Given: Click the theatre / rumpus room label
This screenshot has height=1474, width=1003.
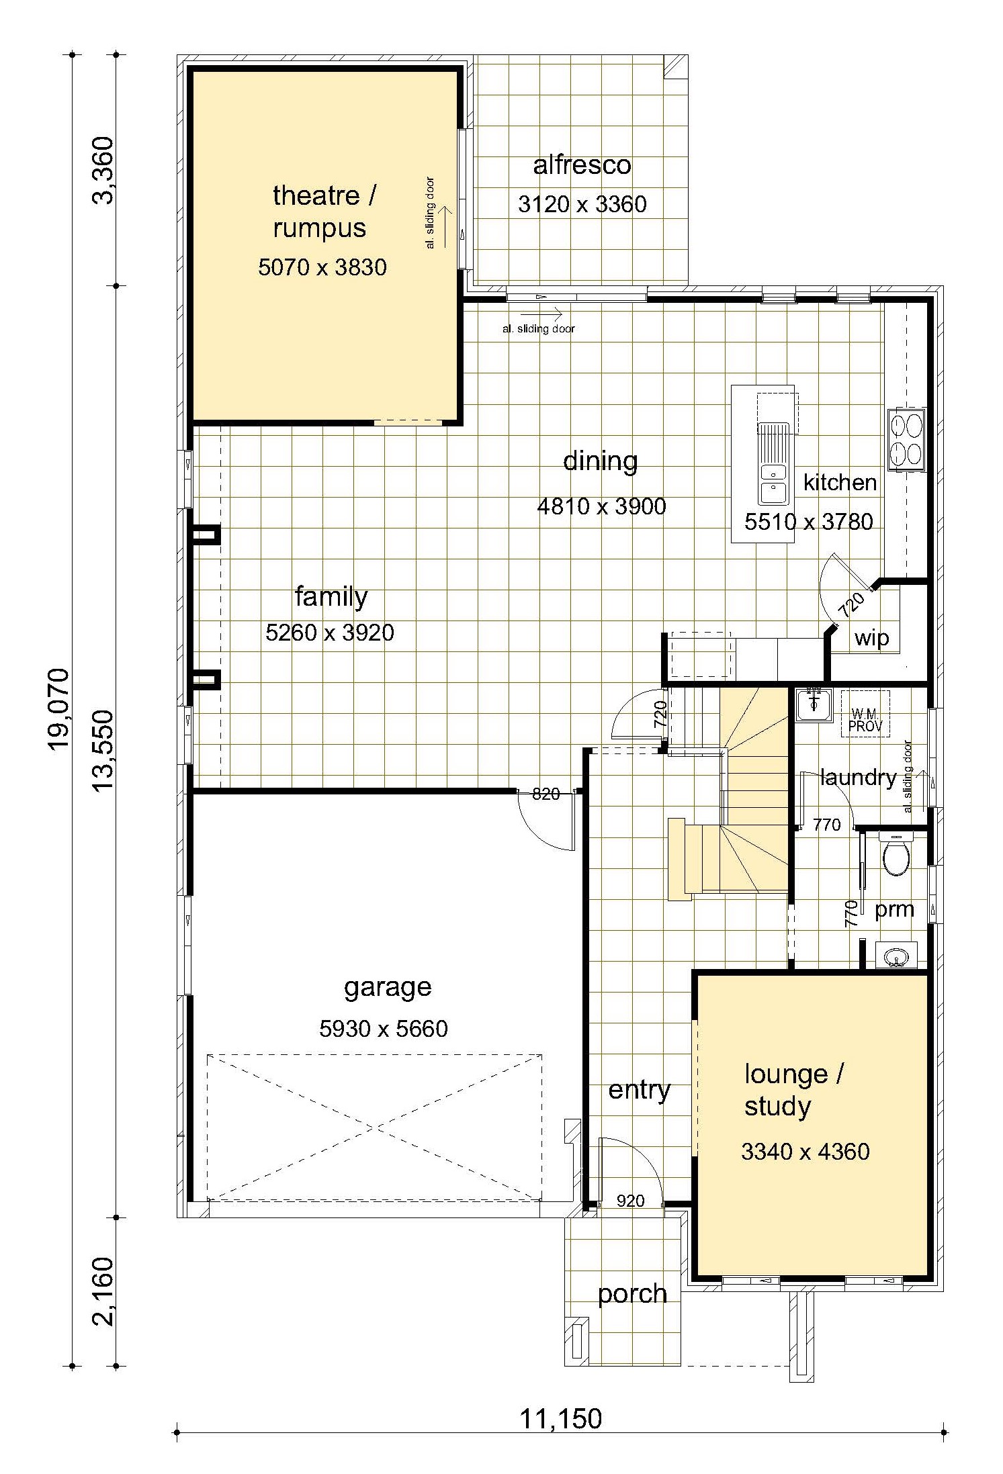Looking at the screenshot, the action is point(324,212).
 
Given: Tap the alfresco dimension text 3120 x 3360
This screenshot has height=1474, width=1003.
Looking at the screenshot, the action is point(582,204).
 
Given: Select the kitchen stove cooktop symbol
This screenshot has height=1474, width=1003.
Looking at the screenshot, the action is point(907,439).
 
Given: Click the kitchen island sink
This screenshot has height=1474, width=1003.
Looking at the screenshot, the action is point(773,463).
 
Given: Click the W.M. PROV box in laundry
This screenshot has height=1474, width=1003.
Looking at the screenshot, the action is point(865,714).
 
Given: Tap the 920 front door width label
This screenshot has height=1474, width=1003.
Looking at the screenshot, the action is point(630,1201).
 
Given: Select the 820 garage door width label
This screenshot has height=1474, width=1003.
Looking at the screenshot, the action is point(546,794).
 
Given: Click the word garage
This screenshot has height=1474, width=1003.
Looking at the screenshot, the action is point(388,988).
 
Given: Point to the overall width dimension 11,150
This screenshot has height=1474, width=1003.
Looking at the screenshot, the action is point(561,1419).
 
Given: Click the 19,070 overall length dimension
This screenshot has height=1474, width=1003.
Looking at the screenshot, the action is point(59,708).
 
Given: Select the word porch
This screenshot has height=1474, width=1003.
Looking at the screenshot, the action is point(632,1294).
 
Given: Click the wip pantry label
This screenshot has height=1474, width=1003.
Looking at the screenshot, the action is point(871,638).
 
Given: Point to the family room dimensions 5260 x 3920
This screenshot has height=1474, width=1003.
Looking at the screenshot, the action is point(329,632).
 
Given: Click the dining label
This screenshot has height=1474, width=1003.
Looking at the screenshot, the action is point(600,461).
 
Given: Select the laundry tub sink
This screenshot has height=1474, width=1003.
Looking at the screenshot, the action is point(814,704).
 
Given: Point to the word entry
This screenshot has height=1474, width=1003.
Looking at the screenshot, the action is point(639,1090).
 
